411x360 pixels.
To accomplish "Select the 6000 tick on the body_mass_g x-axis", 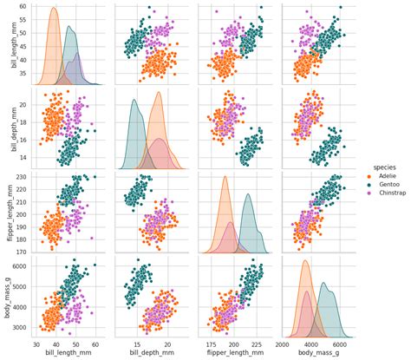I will pos(345,344).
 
